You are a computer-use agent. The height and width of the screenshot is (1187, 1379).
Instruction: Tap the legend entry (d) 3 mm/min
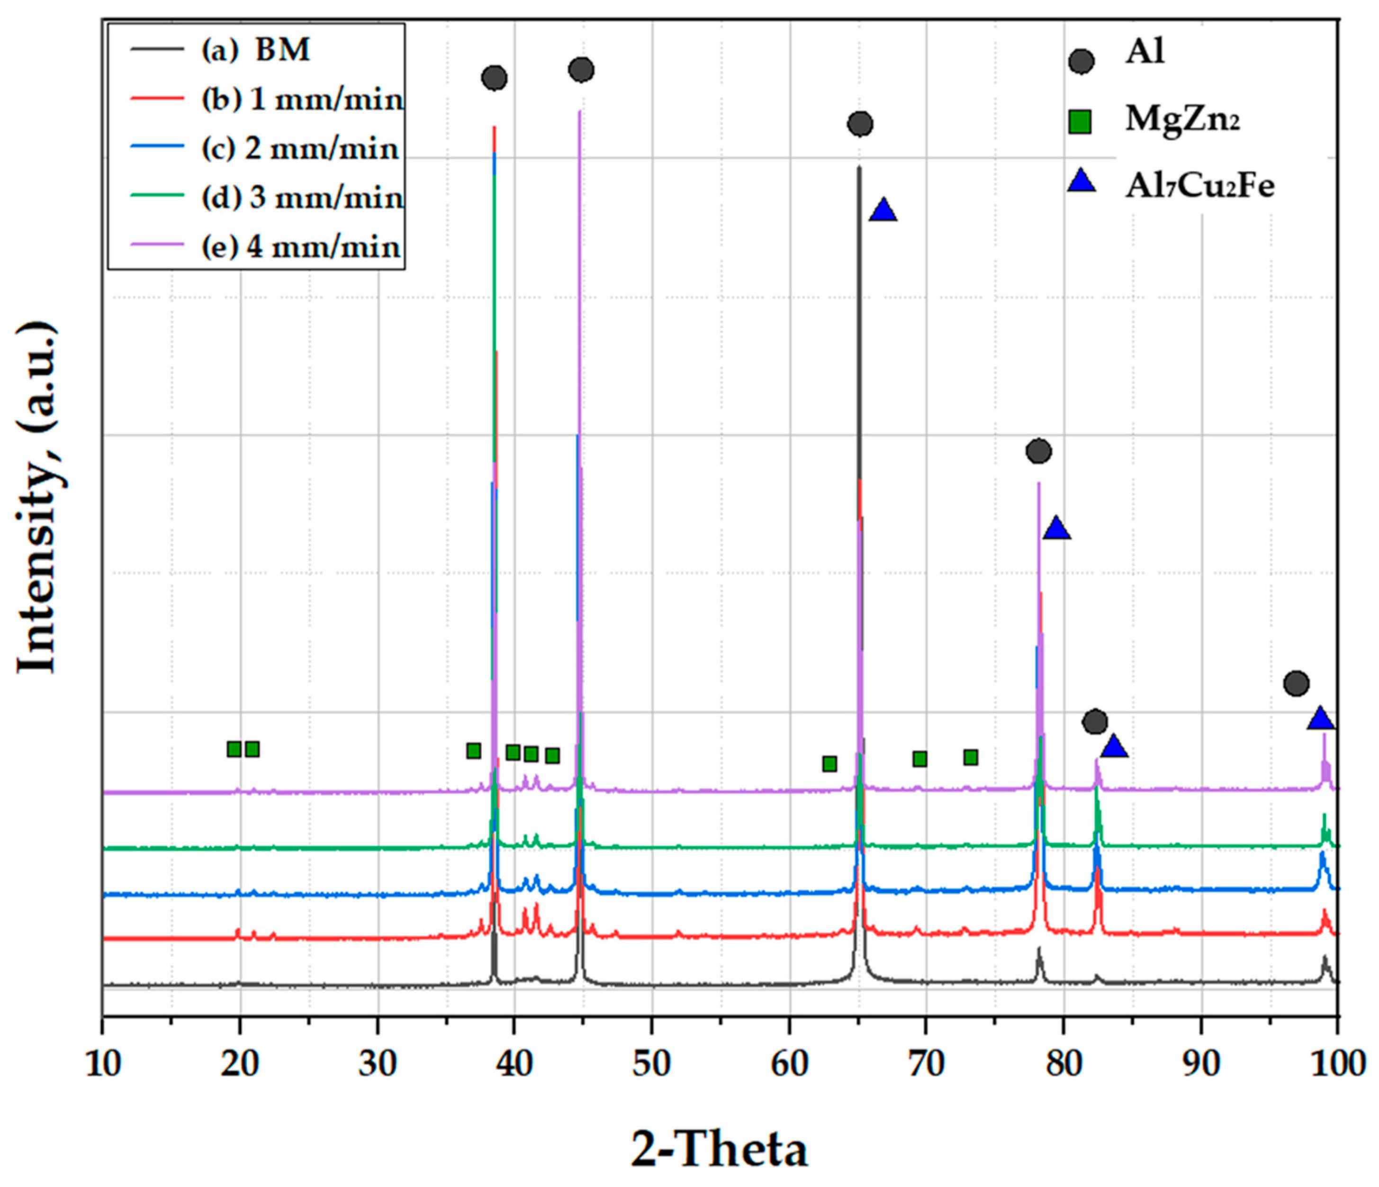tap(303, 198)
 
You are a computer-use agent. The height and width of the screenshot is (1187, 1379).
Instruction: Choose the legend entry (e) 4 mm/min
tap(301, 247)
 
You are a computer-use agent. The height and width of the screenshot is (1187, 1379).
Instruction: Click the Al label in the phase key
tap(1145, 52)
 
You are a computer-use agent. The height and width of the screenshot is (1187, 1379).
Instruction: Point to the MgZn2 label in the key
tap(1182, 120)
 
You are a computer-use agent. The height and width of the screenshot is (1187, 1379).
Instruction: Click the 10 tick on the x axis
tap(103, 1064)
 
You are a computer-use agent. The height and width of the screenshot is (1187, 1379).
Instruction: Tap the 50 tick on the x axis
tap(651, 1064)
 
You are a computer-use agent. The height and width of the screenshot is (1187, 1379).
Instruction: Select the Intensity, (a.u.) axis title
tap(38, 499)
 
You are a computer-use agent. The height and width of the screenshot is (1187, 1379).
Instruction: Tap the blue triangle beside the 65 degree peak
tap(883, 210)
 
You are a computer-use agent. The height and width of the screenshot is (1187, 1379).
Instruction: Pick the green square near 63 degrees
tap(829, 763)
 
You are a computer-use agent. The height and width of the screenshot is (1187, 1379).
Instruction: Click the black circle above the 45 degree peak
tap(581, 69)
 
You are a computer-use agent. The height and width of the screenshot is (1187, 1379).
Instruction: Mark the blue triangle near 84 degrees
tap(1114, 748)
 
